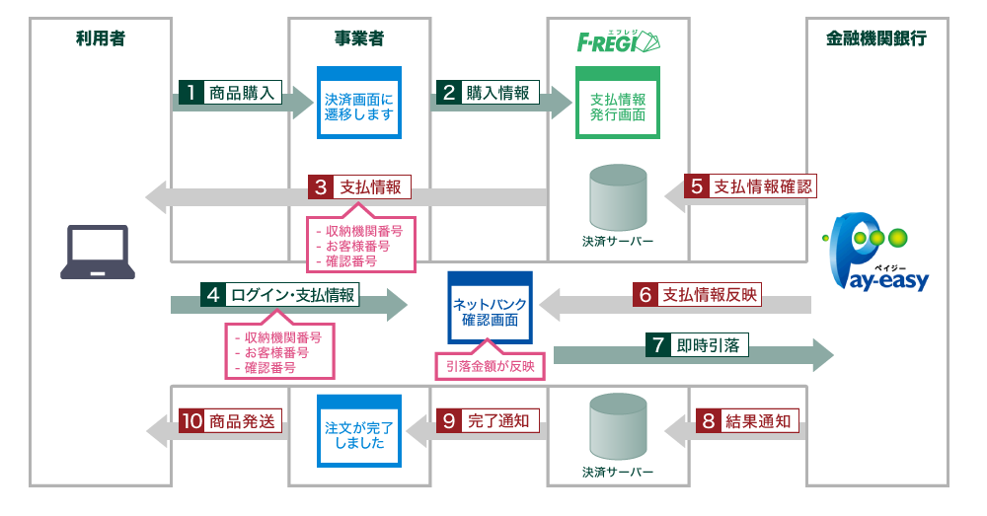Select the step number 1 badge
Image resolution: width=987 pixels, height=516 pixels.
190,94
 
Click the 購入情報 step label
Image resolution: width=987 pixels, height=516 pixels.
497,94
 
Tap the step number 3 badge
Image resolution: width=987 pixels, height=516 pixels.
320,186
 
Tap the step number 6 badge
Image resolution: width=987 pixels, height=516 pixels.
645,294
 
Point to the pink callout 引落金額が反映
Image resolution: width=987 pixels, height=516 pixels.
490,365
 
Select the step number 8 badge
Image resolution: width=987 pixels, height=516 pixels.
707,420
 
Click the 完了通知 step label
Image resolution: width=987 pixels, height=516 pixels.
497,420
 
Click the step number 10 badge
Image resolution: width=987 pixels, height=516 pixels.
192,420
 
